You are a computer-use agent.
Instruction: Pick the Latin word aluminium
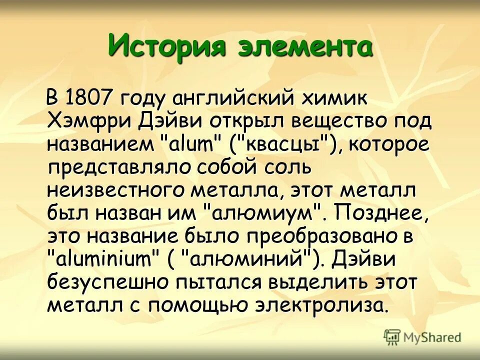click(102, 259)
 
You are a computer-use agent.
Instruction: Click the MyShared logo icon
click(392, 337)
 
